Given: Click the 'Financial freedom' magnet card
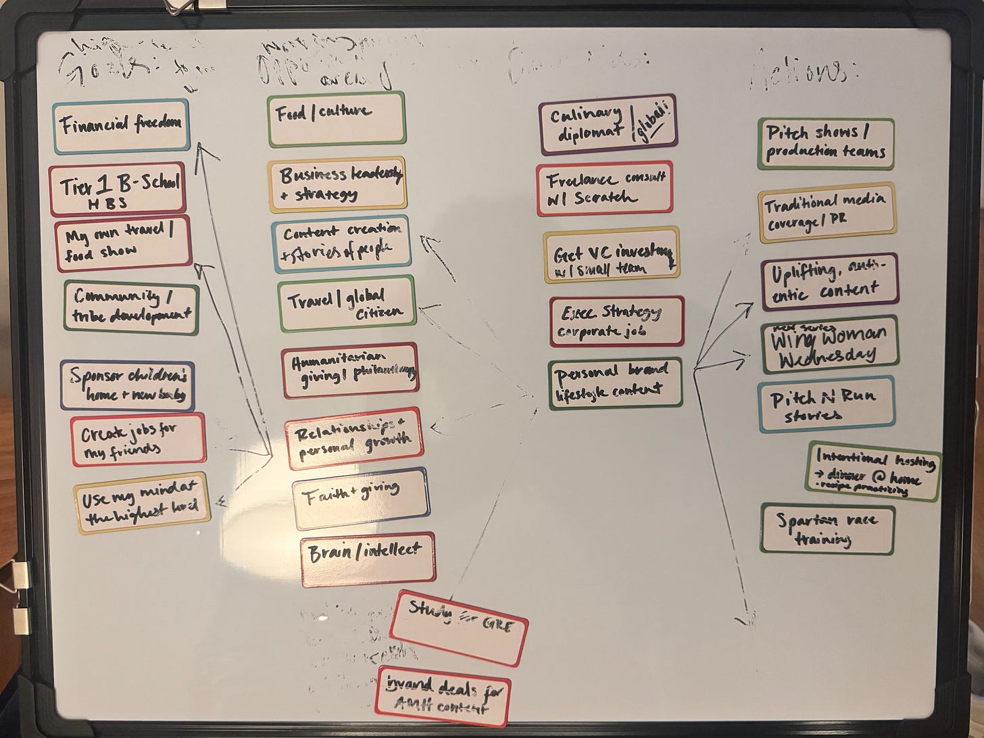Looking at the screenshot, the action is (121, 126).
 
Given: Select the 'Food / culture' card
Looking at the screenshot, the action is (336, 120).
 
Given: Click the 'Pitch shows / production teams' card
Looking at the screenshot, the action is (825, 144).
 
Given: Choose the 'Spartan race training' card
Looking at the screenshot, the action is (827, 529).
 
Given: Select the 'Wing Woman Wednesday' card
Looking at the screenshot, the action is (829, 345).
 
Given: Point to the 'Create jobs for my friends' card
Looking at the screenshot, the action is (137, 441).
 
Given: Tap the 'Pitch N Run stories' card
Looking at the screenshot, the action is (826, 404).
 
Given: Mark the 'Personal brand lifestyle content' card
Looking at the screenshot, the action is (615, 383).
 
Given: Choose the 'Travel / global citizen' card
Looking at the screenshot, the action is (347, 305).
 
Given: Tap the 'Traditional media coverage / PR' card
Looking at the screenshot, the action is (827, 212).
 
